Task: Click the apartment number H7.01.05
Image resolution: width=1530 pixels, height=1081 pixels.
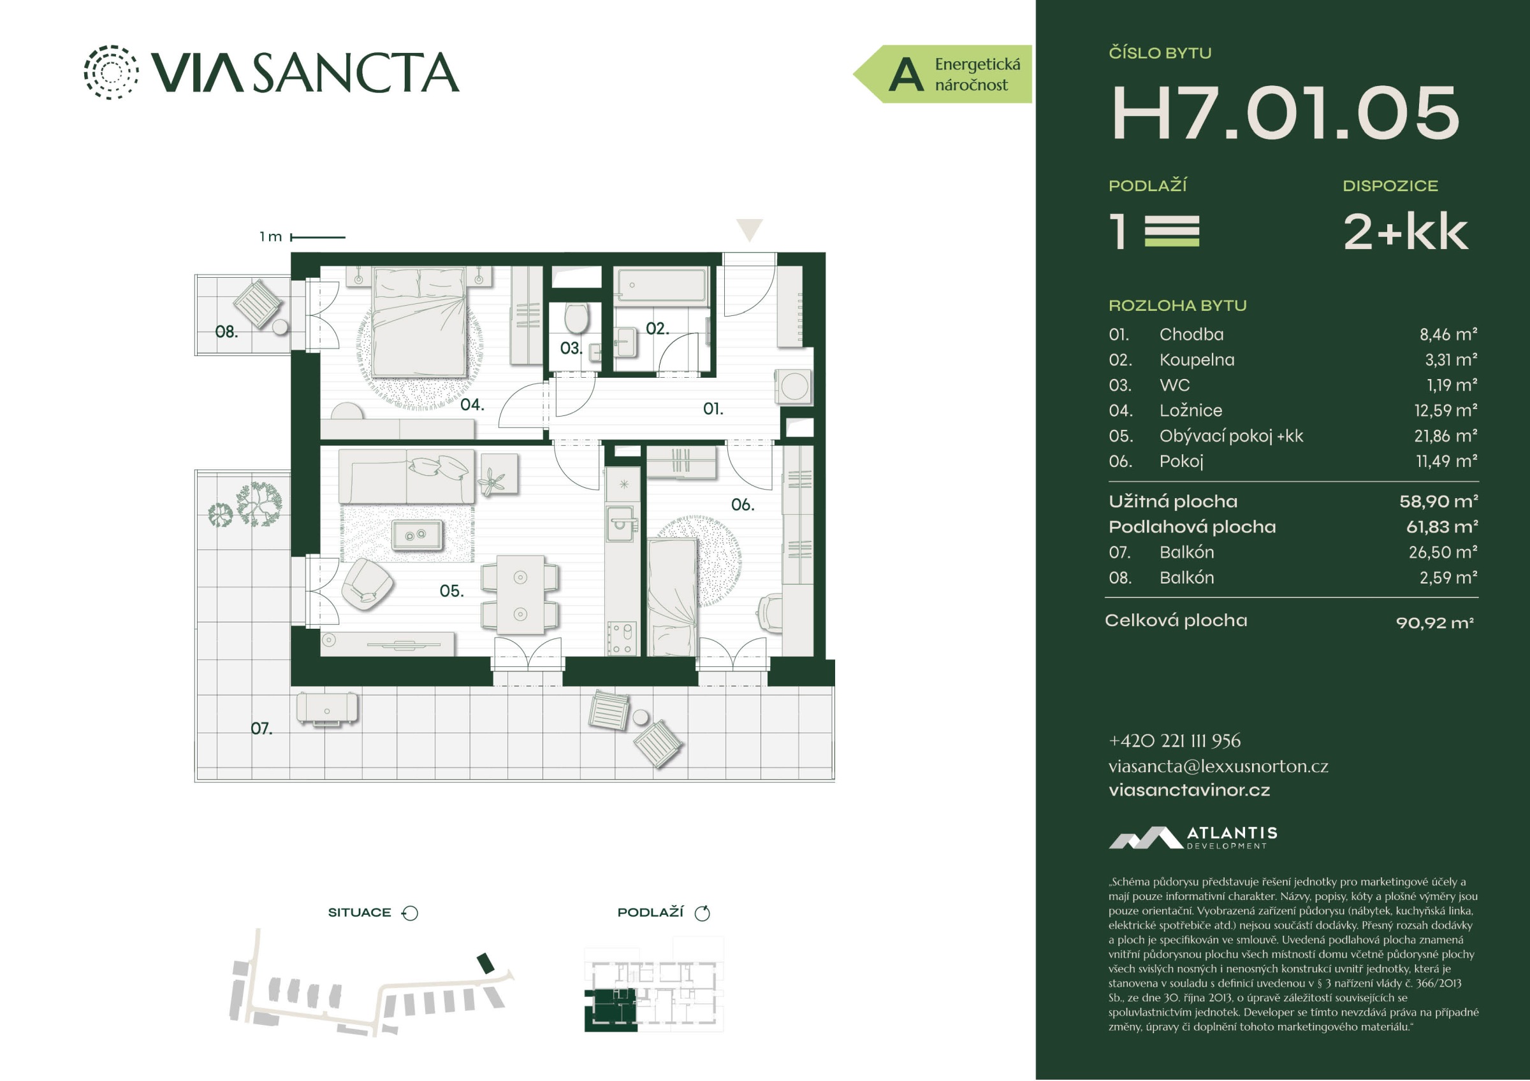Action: [1285, 113]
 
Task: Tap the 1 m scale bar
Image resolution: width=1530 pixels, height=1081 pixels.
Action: [318, 237]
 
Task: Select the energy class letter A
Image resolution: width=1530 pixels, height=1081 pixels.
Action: [907, 75]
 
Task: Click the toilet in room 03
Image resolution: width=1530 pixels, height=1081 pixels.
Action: [576, 318]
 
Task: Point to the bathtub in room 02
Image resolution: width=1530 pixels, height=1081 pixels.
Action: [660, 287]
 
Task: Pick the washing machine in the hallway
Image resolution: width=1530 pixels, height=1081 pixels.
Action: [794, 386]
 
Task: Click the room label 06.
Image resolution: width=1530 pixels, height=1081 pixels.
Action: [742, 505]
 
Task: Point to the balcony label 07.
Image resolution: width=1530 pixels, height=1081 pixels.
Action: [261, 729]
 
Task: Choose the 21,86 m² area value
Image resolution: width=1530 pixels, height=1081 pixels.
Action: [1445, 436]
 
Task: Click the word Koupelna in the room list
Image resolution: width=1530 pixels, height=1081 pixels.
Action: [1197, 360]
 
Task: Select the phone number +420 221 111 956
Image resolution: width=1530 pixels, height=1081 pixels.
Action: [1175, 741]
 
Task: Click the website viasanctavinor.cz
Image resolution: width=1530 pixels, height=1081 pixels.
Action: [1189, 791]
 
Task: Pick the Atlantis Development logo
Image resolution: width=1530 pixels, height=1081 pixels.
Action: [1193, 837]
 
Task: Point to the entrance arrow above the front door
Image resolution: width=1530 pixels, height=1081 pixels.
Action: [750, 230]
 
